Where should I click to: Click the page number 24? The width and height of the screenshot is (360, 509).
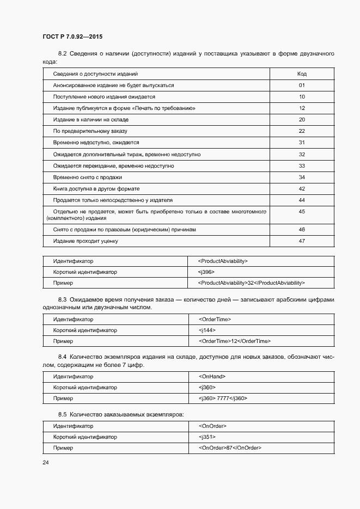click(46, 462)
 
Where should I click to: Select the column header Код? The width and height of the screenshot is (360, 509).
click(302, 73)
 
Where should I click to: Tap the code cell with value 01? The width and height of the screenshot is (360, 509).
click(302, 85)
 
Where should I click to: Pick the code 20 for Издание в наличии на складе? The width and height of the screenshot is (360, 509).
click(302, 119)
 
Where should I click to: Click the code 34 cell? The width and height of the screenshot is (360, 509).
click(302, 177)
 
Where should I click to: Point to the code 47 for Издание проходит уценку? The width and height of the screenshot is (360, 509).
click(302, 241)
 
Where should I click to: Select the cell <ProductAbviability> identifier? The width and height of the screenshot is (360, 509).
click(223, 261)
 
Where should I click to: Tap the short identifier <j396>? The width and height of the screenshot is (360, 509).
click(207, 272)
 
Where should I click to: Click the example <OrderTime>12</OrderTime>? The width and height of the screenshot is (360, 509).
click(235, 341)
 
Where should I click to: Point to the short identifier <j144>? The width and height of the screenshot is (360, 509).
click(208, 330)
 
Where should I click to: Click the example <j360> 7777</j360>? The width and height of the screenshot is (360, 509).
click(223, 398)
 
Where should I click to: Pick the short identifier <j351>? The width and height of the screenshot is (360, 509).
click(208, 437)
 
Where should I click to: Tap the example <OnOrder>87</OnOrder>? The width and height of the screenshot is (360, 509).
click(230, 447)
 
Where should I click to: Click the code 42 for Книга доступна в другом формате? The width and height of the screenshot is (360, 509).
click(302, 188)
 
